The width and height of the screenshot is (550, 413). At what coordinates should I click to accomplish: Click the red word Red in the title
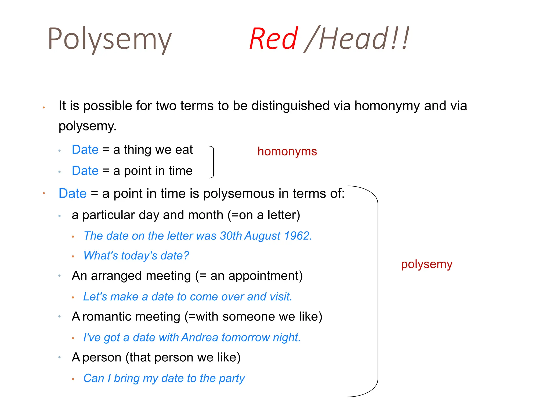click(x=273, y=39)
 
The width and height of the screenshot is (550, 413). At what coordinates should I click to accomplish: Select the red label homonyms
click(x=287, y=151)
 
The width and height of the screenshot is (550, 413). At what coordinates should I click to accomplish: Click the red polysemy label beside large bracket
click(x=426, y=264)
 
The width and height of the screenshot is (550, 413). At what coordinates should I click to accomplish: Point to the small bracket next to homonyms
click(x=213, y=162)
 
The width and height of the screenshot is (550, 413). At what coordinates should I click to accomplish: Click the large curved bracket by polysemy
click(x=377, y=290)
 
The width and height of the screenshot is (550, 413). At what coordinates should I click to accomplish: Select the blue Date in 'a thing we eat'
click(x=85, y=149)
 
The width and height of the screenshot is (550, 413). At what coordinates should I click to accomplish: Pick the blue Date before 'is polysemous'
click(x=73, y=193)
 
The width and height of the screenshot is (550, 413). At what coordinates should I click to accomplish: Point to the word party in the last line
click(x=232, y=378)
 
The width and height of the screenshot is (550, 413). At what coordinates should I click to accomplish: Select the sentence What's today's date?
click(x=136, y=256)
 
